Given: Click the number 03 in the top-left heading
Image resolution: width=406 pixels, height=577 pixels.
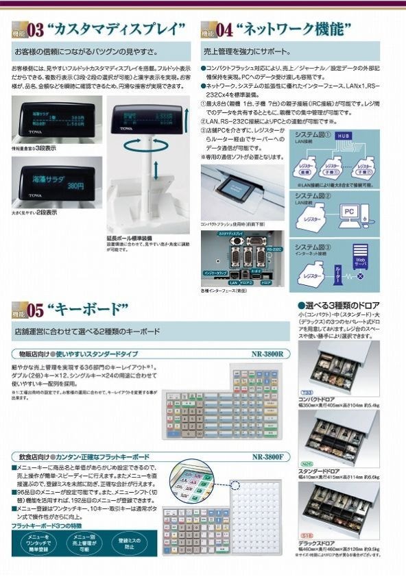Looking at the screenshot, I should click(x=36, y=29).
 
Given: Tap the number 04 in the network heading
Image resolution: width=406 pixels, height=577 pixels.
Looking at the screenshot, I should click(x=224, y=29).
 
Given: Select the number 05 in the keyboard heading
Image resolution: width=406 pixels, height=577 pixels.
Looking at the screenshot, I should click(x=36, y=310).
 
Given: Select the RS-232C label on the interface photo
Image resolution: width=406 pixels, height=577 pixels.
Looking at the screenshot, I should click(x=274, y=249).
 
